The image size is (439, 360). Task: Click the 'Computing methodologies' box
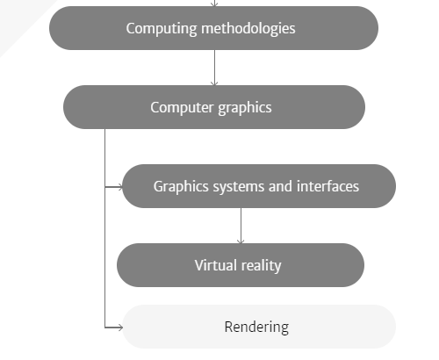click(x=213, y=28)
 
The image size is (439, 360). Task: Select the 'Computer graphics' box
click(x=214, y=107)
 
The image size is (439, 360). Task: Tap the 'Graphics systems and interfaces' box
click(x=259, y=186)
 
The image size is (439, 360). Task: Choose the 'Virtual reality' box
click(x=241, y=265)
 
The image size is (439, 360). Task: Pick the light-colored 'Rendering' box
click(x=259, y=327)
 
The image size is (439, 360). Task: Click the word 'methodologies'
click(x=248, y=29)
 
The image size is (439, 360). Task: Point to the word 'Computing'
click(x=162, y=29)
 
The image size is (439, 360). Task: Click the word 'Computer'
click(x=182, y=108)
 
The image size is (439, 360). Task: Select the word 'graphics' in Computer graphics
click(x=245, y=108)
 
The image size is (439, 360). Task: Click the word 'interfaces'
click(x=327, y=186)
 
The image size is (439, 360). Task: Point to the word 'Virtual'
click(x=216, y=265)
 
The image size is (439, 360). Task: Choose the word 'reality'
click(x=261, y=266)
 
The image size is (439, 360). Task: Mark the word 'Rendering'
click(x=256, y=328)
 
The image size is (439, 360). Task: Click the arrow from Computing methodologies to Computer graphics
click(x=214, y=68)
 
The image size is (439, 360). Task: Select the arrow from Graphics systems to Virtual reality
click(x=241, y=226)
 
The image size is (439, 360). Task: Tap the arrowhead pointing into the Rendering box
click(x=119, y=328)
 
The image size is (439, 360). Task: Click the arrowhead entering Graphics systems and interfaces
click(x=119, y=187)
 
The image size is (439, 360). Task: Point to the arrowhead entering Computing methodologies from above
click(x=214, y=4)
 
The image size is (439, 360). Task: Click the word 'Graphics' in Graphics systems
click(x=181, y=187)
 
